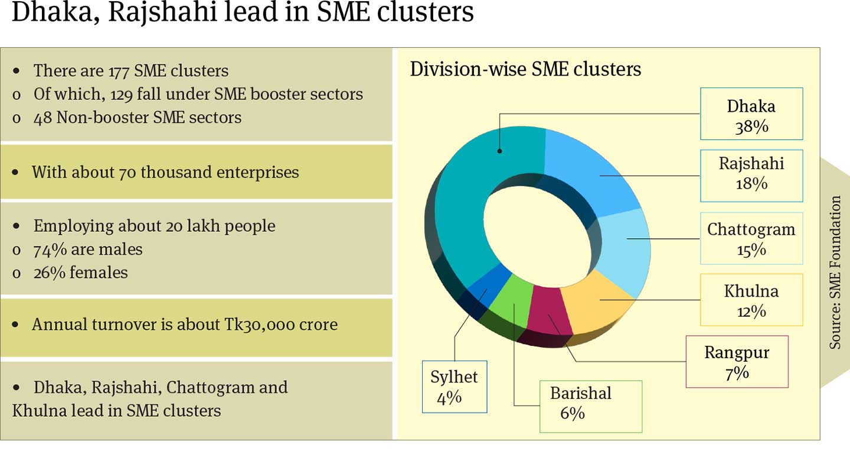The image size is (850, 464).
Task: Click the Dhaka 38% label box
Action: coord(751,113)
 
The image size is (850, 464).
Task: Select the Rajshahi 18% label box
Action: coord(751,176)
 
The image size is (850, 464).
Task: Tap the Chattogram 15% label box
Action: coord(751,238)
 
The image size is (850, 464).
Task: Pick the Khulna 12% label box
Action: coord(751,300)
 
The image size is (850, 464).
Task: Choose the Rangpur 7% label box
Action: coord(737,362)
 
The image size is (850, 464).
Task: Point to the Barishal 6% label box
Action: coord(590,406)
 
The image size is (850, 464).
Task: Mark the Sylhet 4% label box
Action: coord(454,387)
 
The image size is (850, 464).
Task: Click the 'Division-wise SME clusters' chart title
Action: coord(525,69)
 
